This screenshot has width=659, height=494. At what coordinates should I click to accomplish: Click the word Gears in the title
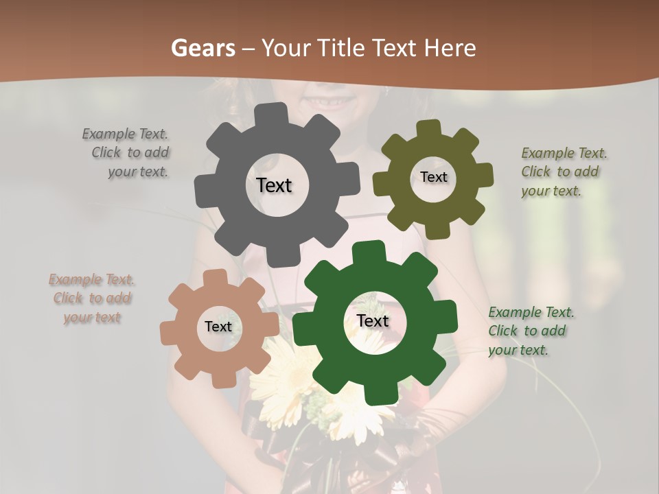tap(203, 48)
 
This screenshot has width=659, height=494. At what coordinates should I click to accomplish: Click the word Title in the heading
tap(343, 48)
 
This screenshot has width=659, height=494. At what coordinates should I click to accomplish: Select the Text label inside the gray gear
tap(274, 185)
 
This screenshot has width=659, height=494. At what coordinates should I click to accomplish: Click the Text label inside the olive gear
tap(433, 177)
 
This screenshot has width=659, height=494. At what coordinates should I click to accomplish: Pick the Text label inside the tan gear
tap(218, 327)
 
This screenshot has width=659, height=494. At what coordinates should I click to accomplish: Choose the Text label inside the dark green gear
tap(373, 320)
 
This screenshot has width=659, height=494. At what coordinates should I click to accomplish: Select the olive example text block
tap(563, 172)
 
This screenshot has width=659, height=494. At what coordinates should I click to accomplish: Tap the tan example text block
tap(91, 298)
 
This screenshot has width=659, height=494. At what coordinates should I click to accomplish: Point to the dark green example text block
tap(530, 331)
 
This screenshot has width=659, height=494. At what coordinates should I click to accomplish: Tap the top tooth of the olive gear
tap(429, 128)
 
